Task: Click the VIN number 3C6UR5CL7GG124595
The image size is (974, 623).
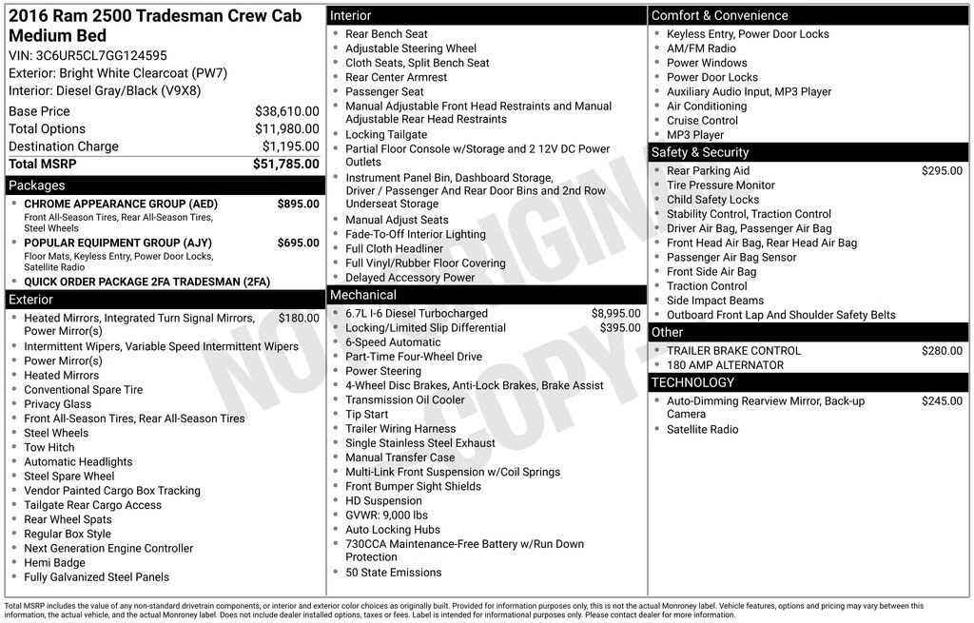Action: (100, 55)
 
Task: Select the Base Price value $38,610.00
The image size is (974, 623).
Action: (286, 111)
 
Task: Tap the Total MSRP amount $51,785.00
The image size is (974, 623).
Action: (285, 165)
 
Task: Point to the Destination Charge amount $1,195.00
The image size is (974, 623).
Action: (290, 146)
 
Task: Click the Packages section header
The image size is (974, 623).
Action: (37, 185)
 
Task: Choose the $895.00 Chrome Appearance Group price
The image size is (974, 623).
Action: (298, 204)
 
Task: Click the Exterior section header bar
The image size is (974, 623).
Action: (31, 300)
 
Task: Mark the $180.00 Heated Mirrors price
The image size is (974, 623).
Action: (299, 318)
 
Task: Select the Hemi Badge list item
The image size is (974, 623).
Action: (54, 562)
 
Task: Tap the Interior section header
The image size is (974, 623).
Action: (350, 16)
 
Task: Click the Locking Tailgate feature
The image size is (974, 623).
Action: (386, 135)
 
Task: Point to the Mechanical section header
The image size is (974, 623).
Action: (363, 295)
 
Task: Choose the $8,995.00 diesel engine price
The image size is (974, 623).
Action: (615, 313)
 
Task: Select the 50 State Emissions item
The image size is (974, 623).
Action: (393, 573)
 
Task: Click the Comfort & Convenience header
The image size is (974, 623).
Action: (719, 15)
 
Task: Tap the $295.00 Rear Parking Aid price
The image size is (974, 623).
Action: (942, 171)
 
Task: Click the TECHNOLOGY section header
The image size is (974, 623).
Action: (692, 382)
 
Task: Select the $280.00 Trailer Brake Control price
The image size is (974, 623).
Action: (942, 351)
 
